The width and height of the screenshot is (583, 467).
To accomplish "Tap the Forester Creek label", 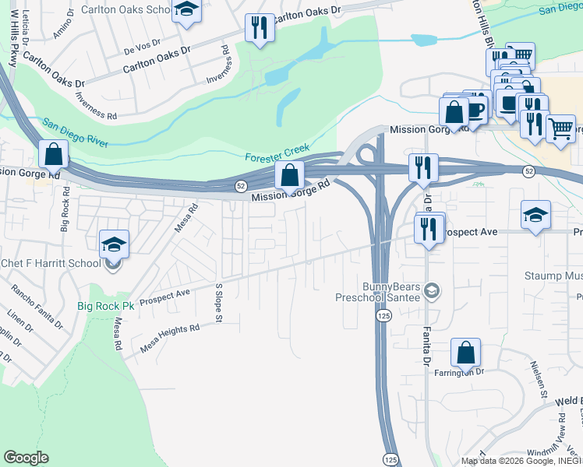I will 277,153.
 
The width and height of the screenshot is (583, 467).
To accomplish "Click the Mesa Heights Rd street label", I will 170,335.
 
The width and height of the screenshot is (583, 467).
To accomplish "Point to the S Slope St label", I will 219,304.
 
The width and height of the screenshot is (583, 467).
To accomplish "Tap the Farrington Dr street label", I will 465,372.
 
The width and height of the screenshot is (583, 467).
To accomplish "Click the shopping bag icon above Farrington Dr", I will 465,353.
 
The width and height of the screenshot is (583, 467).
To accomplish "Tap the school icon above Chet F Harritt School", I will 114,245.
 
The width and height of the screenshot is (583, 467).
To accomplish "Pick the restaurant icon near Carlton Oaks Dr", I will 259,28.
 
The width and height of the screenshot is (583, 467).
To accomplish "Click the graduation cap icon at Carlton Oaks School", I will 186,10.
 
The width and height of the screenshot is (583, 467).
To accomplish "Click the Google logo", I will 26,458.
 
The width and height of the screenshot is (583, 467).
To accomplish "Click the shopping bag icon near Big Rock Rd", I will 53,154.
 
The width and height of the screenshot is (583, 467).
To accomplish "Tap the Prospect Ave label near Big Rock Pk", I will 164,297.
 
